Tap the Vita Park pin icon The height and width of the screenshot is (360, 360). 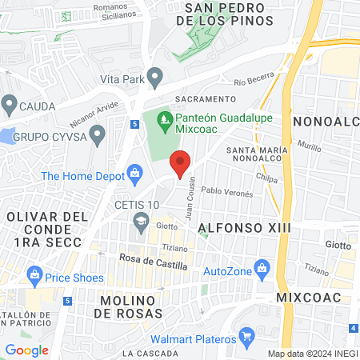(x=155, y=78)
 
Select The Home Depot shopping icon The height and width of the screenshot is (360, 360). (x=134, y=173)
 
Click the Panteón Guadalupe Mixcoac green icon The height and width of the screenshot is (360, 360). (x=164, y=122)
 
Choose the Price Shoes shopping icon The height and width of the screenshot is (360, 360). (x=34, y=278)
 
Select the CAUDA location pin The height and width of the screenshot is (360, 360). (x=9, y=103)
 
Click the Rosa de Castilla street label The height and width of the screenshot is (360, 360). (x=153, y=260)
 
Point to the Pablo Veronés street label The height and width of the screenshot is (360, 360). (x=227, y=193)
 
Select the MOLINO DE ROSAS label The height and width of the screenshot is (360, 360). (x=132, y=306)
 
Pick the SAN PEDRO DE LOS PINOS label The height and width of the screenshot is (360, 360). (x=228, y=14)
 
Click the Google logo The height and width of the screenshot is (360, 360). (x=27, y=350)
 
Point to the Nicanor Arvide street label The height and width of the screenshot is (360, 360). (x=93, y=119)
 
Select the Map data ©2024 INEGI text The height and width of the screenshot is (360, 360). (x=311, y=354)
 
